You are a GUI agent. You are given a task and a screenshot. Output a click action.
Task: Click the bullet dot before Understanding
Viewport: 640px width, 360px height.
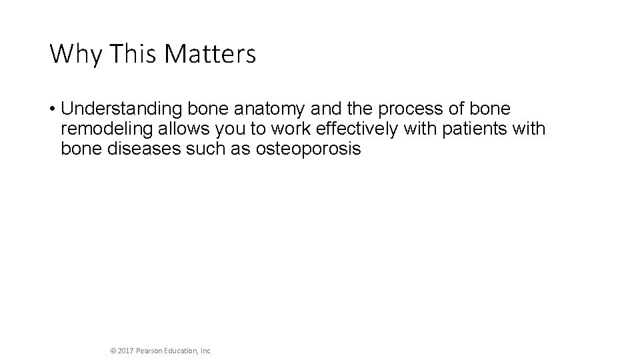(52, 109)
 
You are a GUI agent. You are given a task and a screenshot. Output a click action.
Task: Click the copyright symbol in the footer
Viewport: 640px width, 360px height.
(113, 349)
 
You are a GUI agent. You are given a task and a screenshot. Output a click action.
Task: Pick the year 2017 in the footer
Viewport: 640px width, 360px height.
(126, 349)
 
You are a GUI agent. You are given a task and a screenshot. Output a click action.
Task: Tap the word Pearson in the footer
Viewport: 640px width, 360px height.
(151, 349)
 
